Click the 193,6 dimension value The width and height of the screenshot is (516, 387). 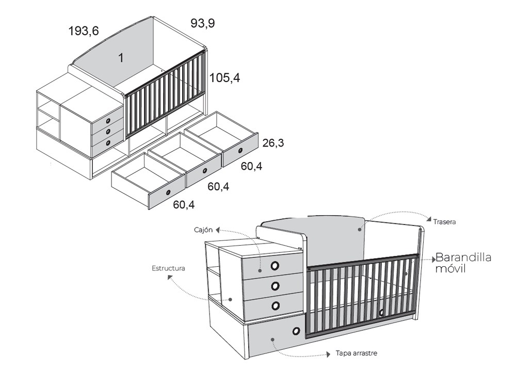[x=84, y=31]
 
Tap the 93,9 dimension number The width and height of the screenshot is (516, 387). [x=203, y=23]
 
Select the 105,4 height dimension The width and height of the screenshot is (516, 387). [x=225, y=78]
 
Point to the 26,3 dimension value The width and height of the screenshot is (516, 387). [x=273, y=143]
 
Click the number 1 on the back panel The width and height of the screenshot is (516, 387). [x=121, y=58]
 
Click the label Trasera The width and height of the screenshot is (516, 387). [x=444, y=222]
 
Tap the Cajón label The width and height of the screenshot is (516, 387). [x=203, y=230]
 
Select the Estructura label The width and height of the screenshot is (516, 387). [x=168, y=268]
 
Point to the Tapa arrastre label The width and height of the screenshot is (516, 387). [x=357, y=353]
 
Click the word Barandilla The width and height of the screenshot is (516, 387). [x=463, y=257]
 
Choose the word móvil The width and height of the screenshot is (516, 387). [x=450, y=268]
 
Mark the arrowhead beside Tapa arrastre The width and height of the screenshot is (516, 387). [x=328, y=354]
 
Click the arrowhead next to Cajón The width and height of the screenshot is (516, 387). [x=218, y=230]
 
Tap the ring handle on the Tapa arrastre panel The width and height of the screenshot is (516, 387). [x=296, y=331]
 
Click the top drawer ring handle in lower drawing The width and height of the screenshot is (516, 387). [x=275, y=266]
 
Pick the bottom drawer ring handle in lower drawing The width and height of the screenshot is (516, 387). [x=276, y=306]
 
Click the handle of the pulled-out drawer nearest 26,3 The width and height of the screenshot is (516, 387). [x=240, y=150]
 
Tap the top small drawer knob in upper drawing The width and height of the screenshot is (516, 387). [x=108, y=121]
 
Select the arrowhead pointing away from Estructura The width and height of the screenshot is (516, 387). [x=170, y=277]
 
